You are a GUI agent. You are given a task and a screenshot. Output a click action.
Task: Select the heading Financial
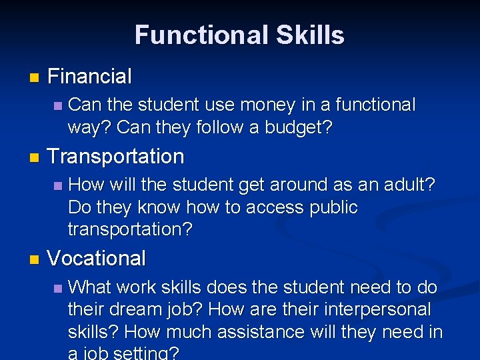click(x=90, y=77)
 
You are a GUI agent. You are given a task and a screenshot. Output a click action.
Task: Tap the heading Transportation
click(x=116, y=157)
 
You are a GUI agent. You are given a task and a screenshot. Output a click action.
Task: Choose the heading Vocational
click(x=97, y=259)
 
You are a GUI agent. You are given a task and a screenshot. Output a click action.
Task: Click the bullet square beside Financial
click(x=35, y=78)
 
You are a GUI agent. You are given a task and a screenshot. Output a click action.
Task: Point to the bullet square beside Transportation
click(x=35, y=158)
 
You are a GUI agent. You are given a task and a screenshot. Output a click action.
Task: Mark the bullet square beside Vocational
click(x=35, y=260)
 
